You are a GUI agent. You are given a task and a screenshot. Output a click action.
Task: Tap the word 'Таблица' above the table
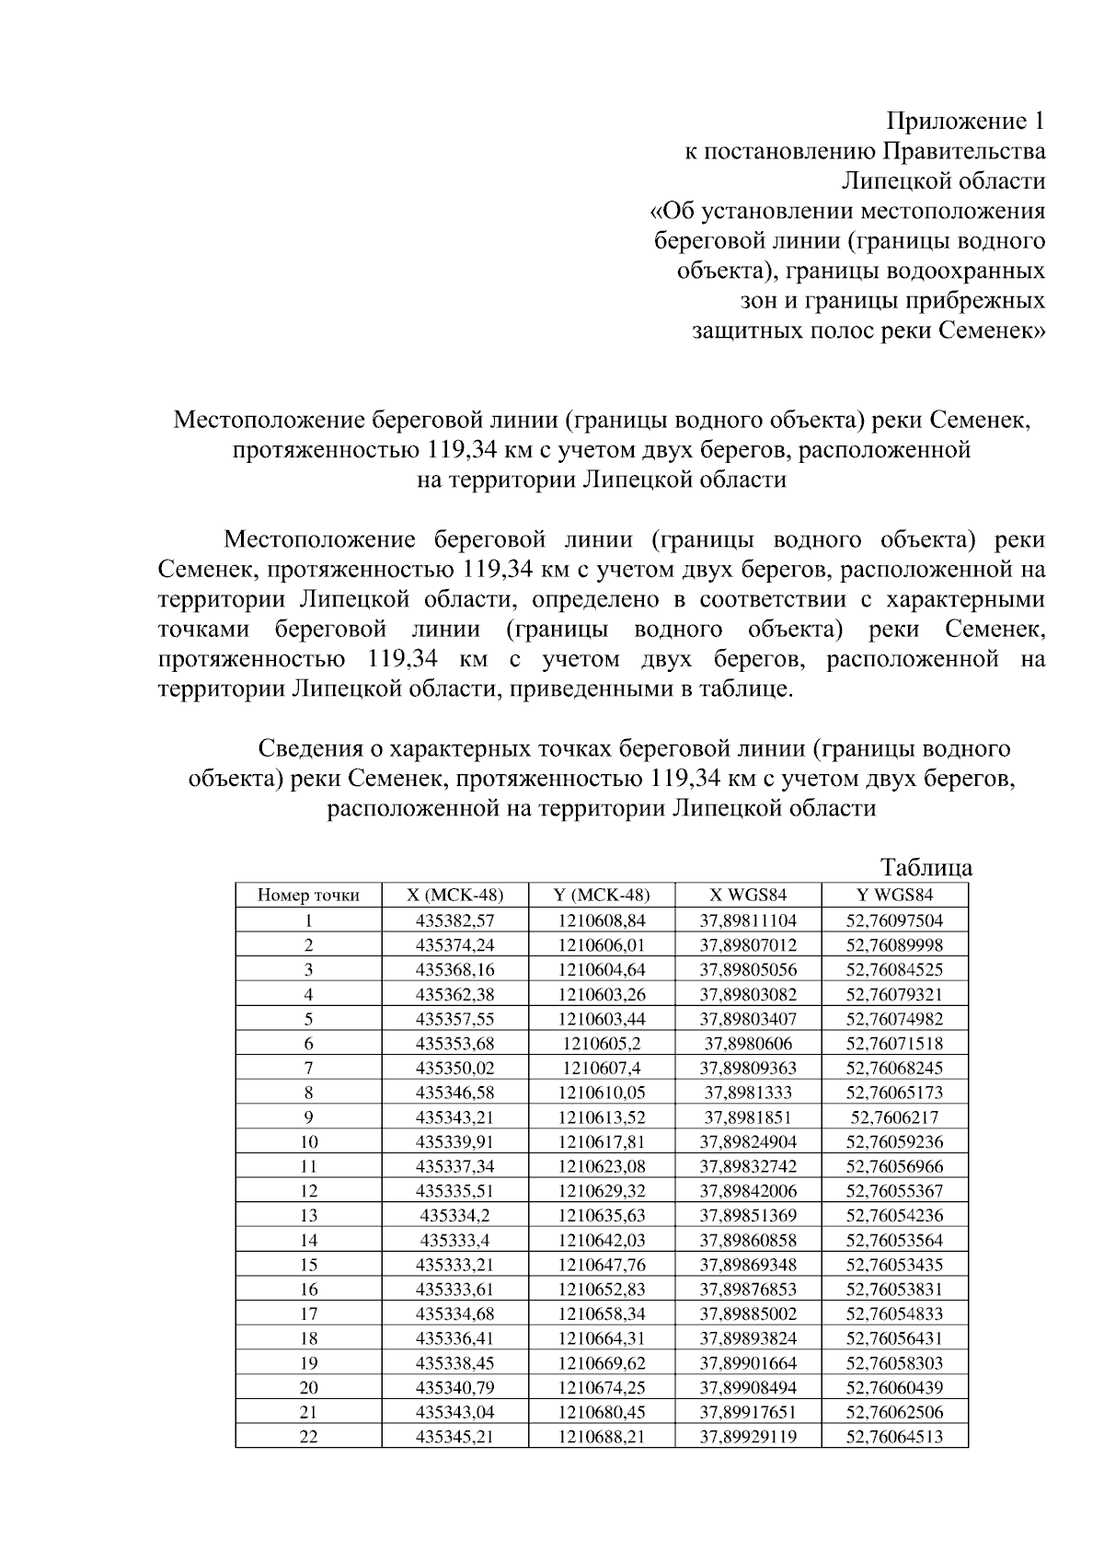(x=926, y=868)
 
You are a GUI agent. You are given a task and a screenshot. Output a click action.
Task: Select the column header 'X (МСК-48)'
(x=454, y=895)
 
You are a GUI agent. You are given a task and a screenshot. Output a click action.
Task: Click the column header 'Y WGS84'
(x=894, y=895)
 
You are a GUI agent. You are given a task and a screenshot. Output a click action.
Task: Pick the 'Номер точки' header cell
(x=308, y=895)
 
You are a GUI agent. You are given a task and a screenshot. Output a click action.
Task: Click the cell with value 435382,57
(x=454, y=920)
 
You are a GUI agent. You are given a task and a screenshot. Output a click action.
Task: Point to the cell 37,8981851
(x=748, y=1117)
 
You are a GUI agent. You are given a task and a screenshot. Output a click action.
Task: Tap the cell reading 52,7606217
(x=894, y=1117)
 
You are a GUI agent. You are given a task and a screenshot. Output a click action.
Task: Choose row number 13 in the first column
(x=308, y=1215)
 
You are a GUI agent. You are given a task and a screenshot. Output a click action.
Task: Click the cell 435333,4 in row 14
(x=454, y=1240)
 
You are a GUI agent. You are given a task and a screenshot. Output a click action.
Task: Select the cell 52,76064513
(x=894, y=1436)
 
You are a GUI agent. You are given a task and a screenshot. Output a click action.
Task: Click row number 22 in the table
(x=308, y=1436)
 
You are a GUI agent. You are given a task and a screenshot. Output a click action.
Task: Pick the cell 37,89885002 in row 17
(x=748, y=1313)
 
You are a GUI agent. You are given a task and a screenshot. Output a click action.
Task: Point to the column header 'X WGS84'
(x=748, y=895)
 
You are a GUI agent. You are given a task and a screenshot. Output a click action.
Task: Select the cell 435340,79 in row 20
(x=454, y=1387)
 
